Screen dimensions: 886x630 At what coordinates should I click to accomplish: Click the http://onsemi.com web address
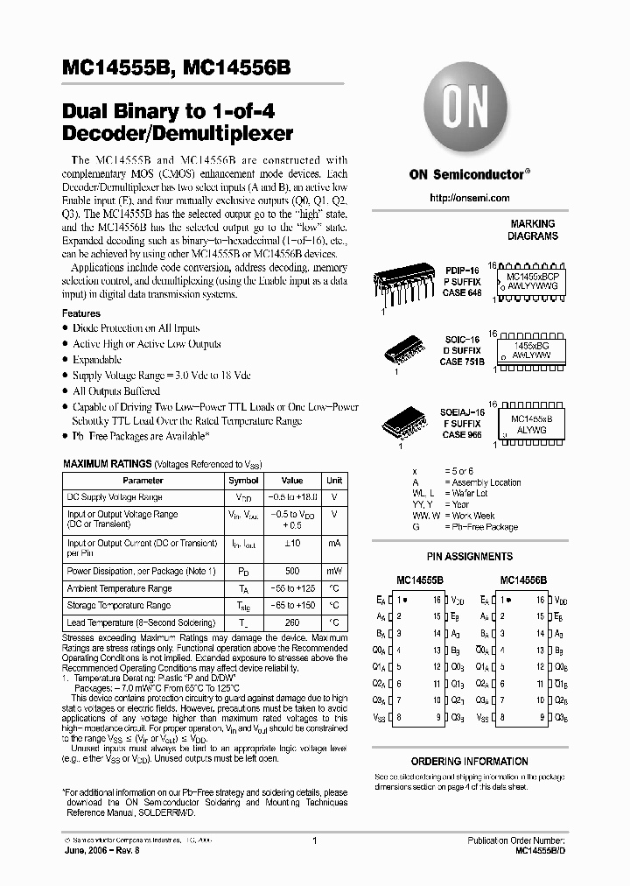pyautogui.click(x=468, y=199)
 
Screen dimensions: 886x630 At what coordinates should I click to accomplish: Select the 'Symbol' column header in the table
pyautogui.click(x=243, y=481)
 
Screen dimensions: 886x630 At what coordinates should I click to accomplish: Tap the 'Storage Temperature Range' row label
pyautogui.click(x=119, y=605)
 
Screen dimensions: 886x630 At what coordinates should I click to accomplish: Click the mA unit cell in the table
pyautogui.click(x=334, y=544)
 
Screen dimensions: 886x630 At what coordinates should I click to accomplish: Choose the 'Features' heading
pyautogui.click(x=81, y=313)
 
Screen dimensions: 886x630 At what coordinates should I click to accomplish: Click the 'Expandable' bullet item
pyautogui.click(x=97, y=360)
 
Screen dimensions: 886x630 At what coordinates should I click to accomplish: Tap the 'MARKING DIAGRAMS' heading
pyautogui.click(x=533, y=230)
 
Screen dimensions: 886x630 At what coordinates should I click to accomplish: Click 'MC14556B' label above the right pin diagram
pyautogui.click(x=523, y=580)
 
